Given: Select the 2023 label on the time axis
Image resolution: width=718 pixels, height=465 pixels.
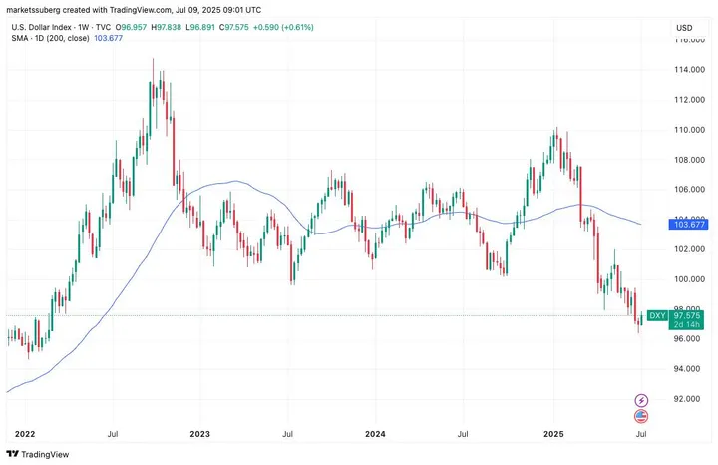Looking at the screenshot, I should coord(199,434).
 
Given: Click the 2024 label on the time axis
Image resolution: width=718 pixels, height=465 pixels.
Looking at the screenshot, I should coord(375,434).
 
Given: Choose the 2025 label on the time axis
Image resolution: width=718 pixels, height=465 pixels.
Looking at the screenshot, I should coord(554,434).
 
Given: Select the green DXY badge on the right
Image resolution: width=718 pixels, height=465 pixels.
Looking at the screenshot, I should coord(657,315).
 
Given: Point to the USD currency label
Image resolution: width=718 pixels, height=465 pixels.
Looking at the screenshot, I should coord(684,27).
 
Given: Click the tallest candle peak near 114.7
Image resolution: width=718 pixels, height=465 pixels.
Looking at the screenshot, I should coord(154,59).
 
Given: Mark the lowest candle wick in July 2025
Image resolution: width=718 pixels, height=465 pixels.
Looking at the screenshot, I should coord(638,332).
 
